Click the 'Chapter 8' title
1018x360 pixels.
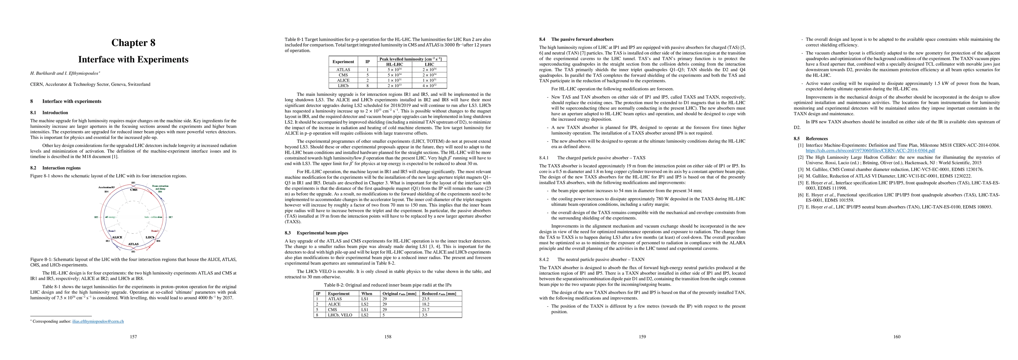(x=133, y=43)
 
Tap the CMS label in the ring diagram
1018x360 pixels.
(x=134, y=190)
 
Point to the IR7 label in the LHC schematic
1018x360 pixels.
(x=170, y=217)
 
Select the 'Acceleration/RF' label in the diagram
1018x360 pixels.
(x=107, y=187)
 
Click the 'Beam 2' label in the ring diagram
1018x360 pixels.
(x=155, y=231)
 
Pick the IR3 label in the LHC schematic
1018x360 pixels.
(x=96, y=217)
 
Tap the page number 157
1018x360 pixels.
(x=133, y=337)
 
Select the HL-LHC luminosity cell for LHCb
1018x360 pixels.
(x=394, y=86)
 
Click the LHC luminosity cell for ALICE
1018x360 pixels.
(x=429, y=80)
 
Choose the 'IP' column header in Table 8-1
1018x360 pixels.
(x=368, y=61)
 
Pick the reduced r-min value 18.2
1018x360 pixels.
(x=425, y=304)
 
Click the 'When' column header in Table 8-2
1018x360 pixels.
(x=366, y=294)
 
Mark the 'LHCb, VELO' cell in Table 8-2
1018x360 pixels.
(x=339, y=315)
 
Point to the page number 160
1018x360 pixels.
(x=897, y=337)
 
